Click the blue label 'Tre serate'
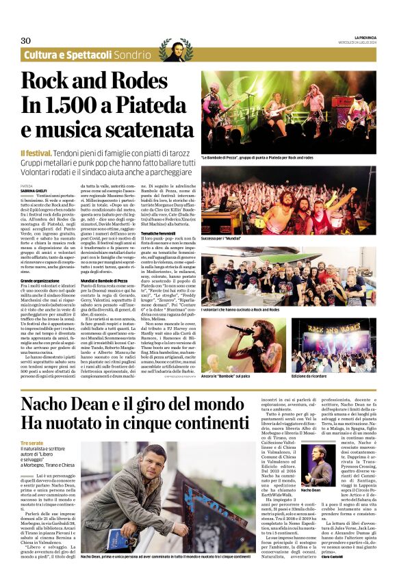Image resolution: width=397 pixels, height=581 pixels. click(31, 443)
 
